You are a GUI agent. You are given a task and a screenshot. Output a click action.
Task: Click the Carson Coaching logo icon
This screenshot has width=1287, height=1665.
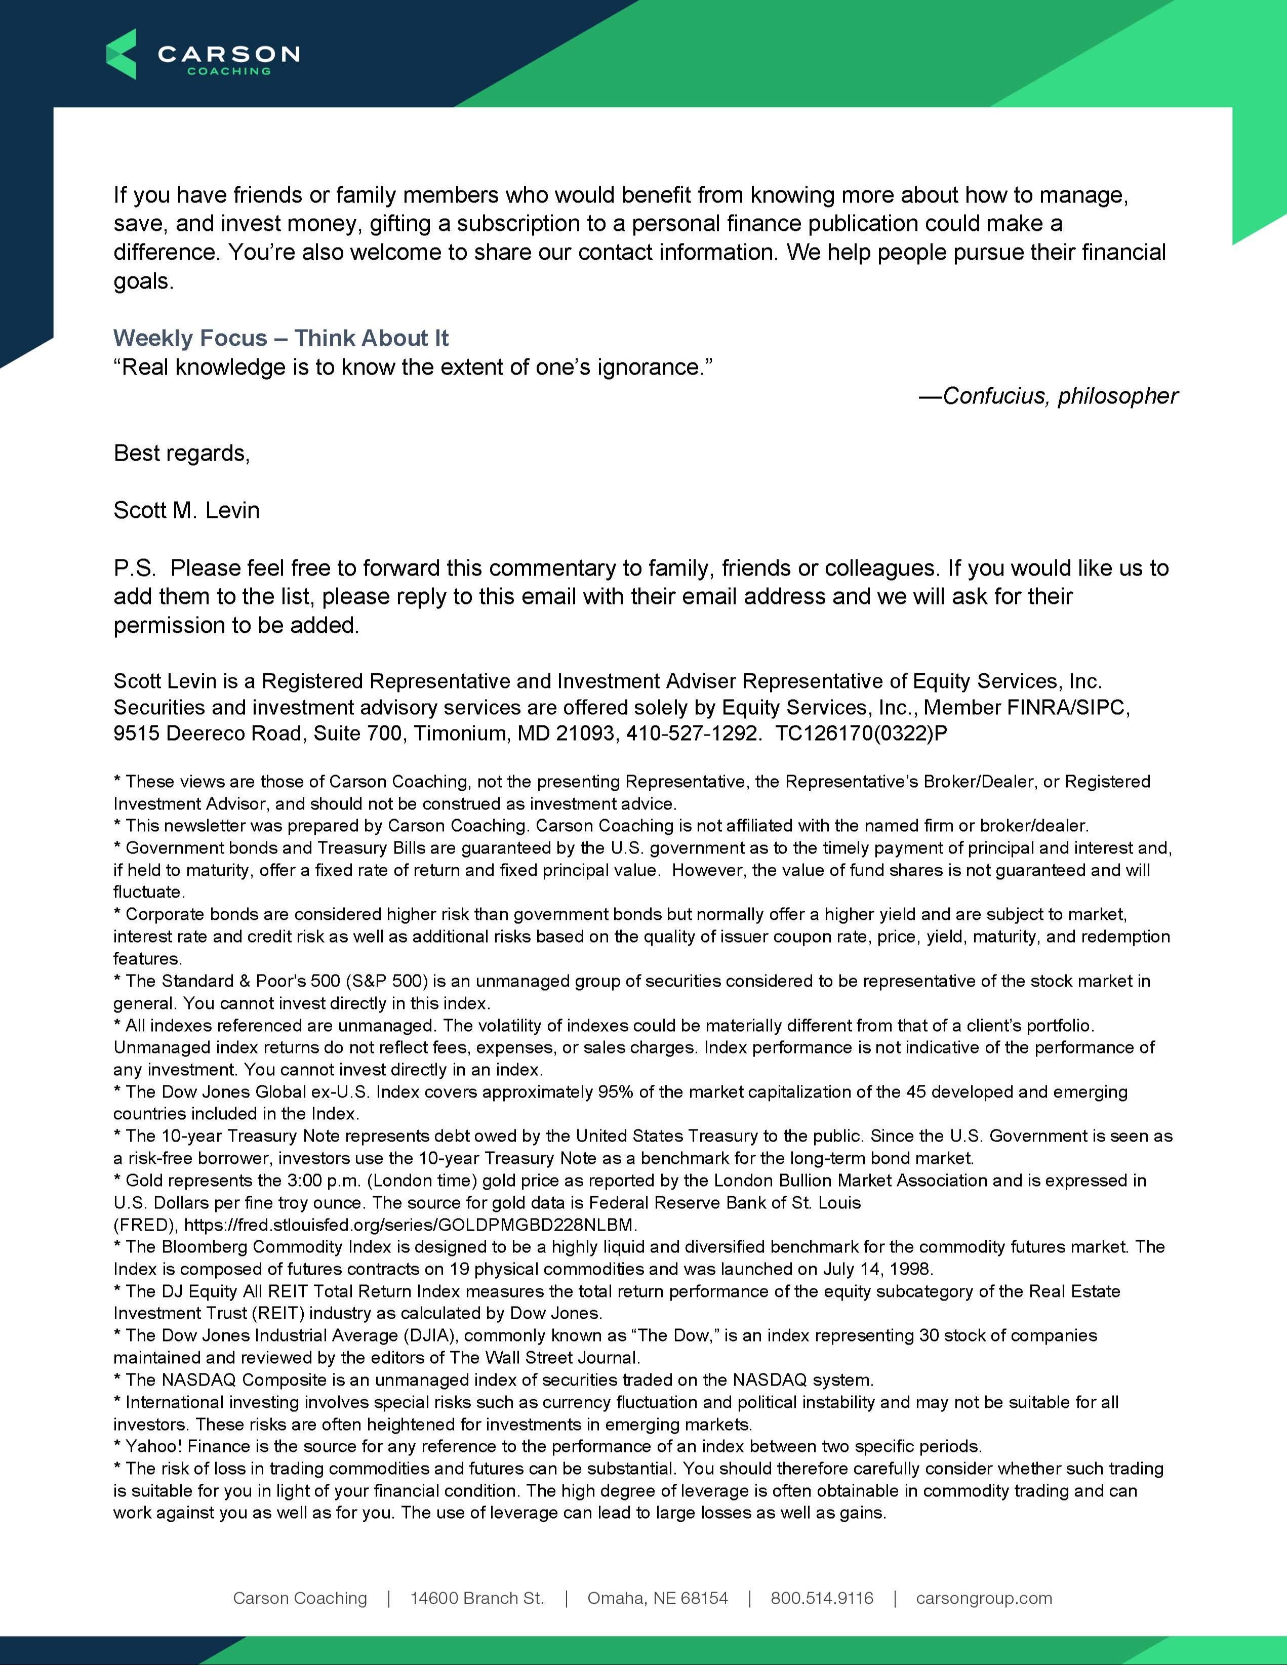pos(121,54)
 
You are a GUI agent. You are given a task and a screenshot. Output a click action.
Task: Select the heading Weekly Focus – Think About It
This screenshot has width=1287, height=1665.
pos(280,338)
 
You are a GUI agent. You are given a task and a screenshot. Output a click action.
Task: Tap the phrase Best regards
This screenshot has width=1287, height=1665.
pos(181,453)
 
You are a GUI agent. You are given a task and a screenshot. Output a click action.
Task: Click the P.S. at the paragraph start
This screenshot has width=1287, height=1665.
pos(134,568)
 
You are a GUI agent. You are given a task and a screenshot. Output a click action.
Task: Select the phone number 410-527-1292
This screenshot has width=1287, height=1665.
pos(692,734)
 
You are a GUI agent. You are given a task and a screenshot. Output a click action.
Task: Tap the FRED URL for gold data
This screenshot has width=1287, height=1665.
pos(410,1225)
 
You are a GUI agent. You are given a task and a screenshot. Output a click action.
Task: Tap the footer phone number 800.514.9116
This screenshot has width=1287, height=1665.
pos(821,1598)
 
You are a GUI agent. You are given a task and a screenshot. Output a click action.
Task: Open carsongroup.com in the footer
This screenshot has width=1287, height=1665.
pos(984,1598)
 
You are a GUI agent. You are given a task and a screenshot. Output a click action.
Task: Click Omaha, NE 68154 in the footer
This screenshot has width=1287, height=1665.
pos(657,1598)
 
